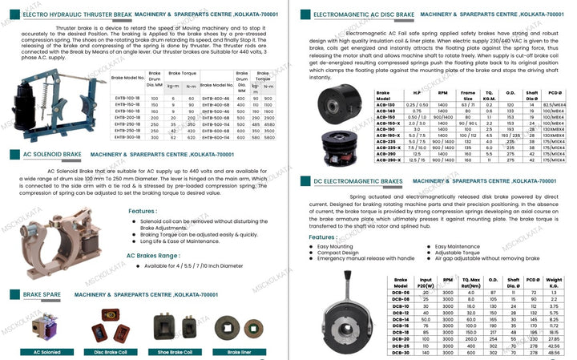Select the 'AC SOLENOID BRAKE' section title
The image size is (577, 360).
pyautogui.click(x=53, y=154)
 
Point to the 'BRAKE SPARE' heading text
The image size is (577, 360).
pyautogui.click(x=41, y=296)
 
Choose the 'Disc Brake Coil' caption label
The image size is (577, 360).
pyautogui.click(x=110, y=352)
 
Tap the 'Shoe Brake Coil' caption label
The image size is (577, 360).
pyautogui.click(x=176, y=352)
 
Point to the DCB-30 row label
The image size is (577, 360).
pyautogui.click(x=402, y=352)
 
